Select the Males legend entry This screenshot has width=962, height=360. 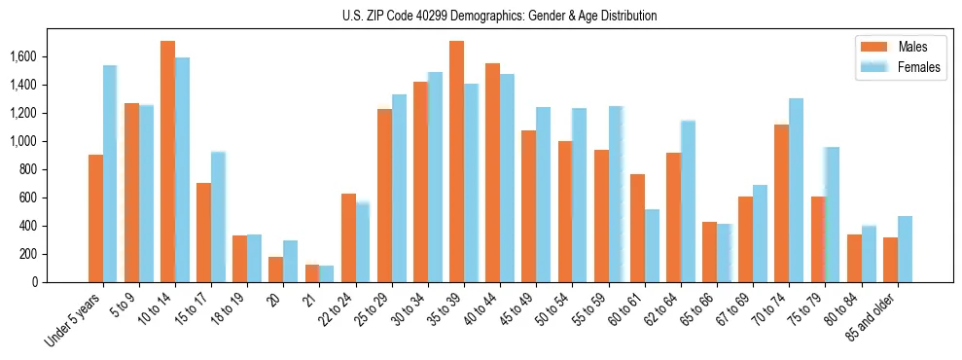pyautogui.click(x=912, y=47)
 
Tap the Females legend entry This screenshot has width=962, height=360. pyautogui.click(x=919, y=67)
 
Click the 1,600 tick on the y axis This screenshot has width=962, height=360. pyautogui.click(x=23, y=56)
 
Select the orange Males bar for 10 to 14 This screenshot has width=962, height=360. pyautogui.click(x=167, y=162)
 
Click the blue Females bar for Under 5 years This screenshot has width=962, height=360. pyautogui.click(x=110, y=174)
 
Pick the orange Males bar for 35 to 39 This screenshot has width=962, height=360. pyautogui.click(x=456, y=162)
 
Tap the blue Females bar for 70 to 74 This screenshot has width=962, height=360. pyautogui.click(x=796, y=191)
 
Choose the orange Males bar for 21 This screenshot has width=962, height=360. pyautogui.click(x=312, y=273)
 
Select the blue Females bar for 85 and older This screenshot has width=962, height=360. pyautogui.click(x=905, y=249)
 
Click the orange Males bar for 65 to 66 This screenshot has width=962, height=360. pyautogui.click(x=709, y=252)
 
